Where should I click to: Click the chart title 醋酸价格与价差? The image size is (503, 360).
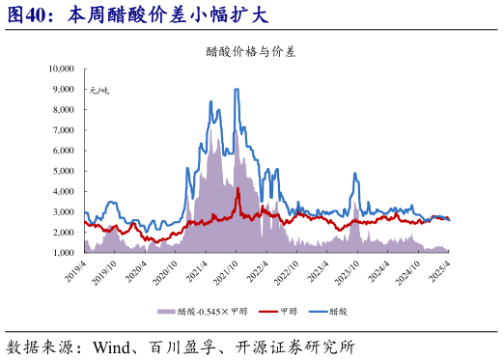250,52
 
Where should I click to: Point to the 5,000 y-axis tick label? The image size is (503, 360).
63,171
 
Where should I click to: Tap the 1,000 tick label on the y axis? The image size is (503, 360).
63,252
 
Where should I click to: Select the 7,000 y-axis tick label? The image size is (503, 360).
63,129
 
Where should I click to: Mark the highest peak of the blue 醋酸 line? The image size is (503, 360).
237,89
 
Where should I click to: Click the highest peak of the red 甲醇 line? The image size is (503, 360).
238,188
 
